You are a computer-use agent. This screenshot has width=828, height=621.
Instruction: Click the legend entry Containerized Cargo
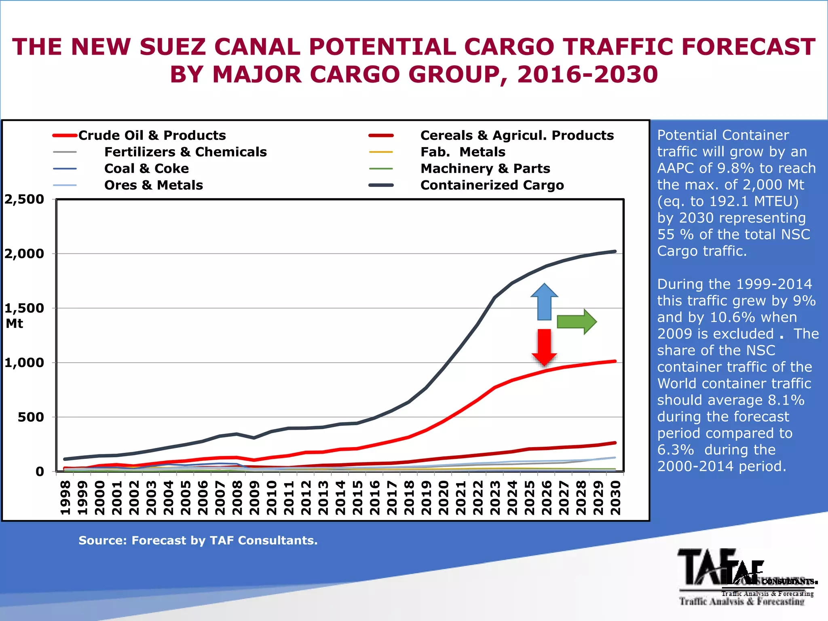[x=492, y=185]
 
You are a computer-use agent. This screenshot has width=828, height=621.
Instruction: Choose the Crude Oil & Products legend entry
[x=152, y=135]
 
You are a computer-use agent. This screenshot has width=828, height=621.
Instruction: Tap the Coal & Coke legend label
[x=146, y=169]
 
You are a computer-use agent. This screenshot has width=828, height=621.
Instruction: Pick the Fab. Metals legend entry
[x=463, y=152]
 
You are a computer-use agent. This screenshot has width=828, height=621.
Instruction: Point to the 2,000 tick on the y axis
[x=24, y=254]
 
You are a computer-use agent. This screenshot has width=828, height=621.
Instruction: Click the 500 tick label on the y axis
[x=31, y=417]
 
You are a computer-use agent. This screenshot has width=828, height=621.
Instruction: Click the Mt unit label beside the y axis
[x=15, y=323]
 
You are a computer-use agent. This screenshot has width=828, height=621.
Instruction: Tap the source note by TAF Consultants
[x=198, y=541]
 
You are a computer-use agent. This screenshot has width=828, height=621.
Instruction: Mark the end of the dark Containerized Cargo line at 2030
[x=615, y=251]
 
